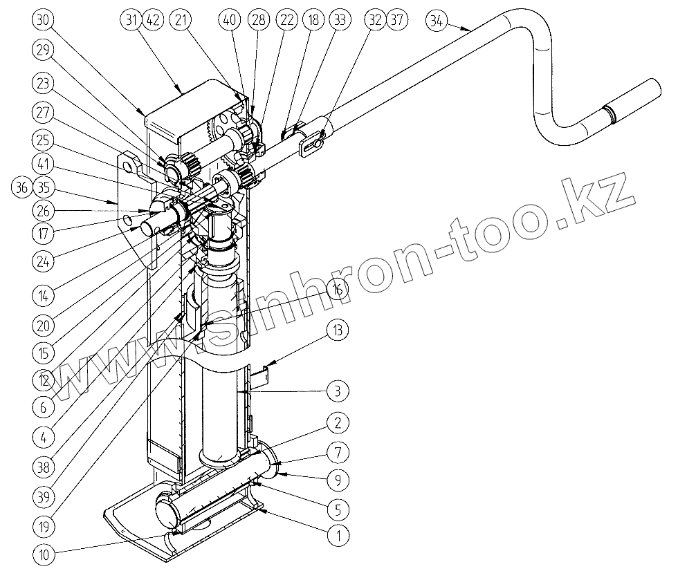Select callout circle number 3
[337, 391]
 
